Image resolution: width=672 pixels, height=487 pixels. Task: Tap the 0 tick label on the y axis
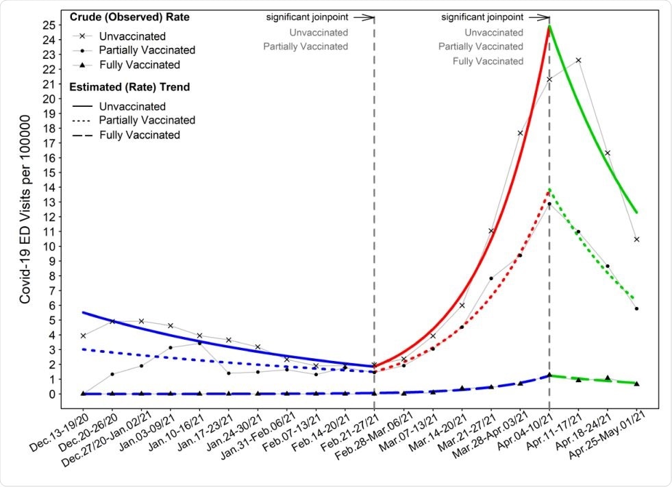coord(51,395)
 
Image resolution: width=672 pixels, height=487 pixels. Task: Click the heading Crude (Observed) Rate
coord(121,16)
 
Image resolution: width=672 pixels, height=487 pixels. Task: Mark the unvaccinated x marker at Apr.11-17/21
coord(579,60)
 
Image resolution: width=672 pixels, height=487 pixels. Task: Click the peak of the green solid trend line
coord(549,26)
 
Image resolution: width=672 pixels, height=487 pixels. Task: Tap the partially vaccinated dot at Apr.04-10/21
coord(549,204)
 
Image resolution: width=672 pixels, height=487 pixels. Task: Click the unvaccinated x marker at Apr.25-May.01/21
coord(637,239)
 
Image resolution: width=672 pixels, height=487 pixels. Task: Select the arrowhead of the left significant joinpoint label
coord(369,18)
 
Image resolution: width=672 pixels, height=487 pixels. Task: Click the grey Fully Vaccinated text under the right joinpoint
coord(488,61)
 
